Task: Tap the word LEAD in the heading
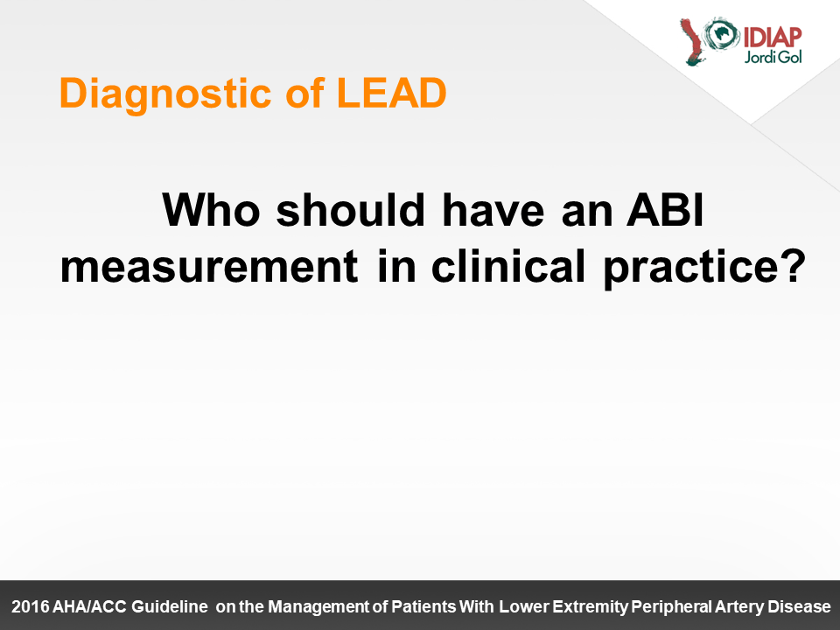(x=392, y=94)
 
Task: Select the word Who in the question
(x=211, y=210)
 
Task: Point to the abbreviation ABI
(x=664, y=210)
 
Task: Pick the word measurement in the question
(x=209, y=266)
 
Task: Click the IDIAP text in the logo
(x=772, y=37)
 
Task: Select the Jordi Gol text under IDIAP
(x=773, y=57)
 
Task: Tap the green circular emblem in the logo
(x=722, y=34)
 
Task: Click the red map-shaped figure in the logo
(x=691, y=42)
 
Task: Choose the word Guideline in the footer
(x=169, y=606)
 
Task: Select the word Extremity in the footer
(x=590, y=607)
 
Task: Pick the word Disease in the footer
(x=799, y=606)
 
